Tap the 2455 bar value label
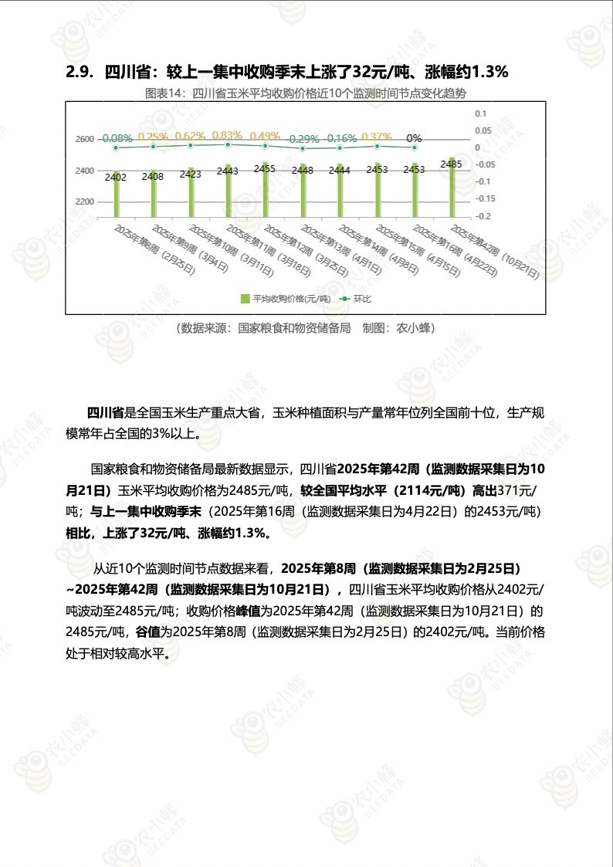pyautogui.click(x=265, y=168)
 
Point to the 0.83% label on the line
pyautogui.click(x=227, y=135)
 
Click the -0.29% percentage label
pyautogui.click(x=303, y=138)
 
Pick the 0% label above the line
pyautogui.click(x=414, y=137)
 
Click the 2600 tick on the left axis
pyautogui.click(x=85, y=139)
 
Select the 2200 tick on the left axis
pyautogui.click(x=85, y=202)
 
